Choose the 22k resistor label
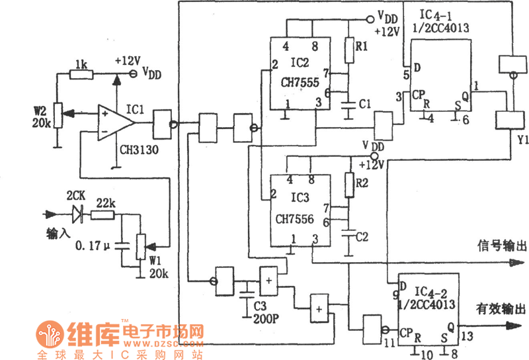click(106, 202)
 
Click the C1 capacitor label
click(364, 105)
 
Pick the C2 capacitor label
click(362, 236)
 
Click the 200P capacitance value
click(264, 318)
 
